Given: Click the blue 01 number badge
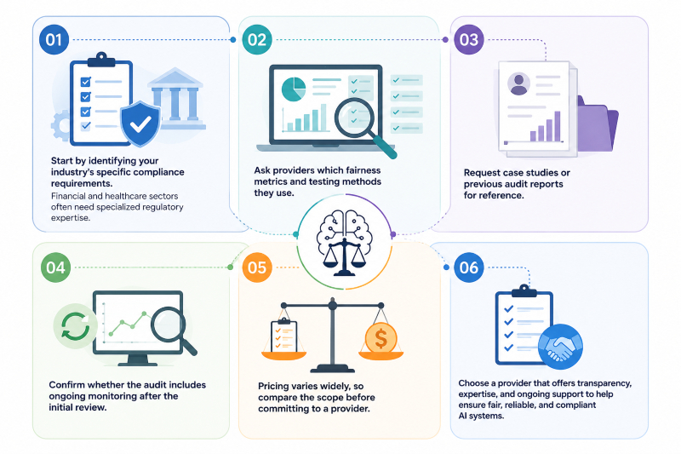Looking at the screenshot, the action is click(54, 39).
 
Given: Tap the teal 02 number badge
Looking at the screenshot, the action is click(257, 39).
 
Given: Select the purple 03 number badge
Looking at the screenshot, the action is click(469, 39).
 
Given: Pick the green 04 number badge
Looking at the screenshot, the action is click(55, 267).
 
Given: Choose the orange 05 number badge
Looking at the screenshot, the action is click(257, 267).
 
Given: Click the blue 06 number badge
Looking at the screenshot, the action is click(469, 267).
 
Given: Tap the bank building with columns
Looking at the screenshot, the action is click(176, 99).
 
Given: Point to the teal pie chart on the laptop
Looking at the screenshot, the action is click(294, 89).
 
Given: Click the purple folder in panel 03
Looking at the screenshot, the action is click(598, 124).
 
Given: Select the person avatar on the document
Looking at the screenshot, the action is click(518, 83).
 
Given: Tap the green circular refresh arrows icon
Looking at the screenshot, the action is click(75, 326).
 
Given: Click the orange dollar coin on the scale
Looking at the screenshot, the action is click(381, 338).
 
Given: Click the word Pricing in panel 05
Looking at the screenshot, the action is click(276, 386).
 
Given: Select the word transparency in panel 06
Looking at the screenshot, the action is click(604, 383).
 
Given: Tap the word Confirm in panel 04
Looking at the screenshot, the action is click(66, 384).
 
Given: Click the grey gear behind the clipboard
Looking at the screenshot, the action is click(60, 125).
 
